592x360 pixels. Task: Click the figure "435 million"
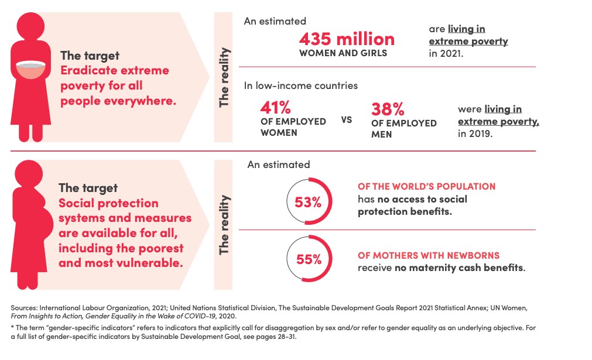pyautogui.click(x=347, y=39)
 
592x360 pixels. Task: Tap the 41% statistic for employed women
pyautogui.click(x=275, y=108)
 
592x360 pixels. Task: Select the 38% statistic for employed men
pyautogui.click(x=388, y=109)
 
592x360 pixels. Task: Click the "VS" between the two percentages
pyautogui.click(x=347, y=120)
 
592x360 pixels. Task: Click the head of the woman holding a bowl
pyautogui.click(x=30, y=26)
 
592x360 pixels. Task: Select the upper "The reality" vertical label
pyautogui.click(x=224, y=77)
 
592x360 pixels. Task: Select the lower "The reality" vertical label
pyautogui.click(x=224, y=225)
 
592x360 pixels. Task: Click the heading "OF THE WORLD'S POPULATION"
pyautogui.click(x=427, y=186)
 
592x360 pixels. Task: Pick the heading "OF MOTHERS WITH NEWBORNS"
pyautogui.click(x=429, y=255)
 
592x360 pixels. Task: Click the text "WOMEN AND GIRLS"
pyautogui.click(x=343, y=53)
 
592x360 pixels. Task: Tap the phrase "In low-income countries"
pyautogui.click(x=300, y=85)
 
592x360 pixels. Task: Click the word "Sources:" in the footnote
pyautogui.click(x=24, y=308)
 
